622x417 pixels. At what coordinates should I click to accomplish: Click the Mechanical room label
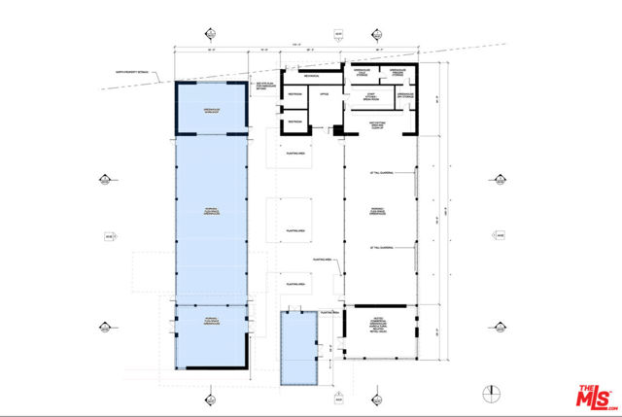[310, 74]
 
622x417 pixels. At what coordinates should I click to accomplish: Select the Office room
[325, 94]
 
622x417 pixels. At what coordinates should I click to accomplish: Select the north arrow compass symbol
[491, 392]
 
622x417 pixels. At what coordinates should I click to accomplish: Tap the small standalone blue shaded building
[300, 348]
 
